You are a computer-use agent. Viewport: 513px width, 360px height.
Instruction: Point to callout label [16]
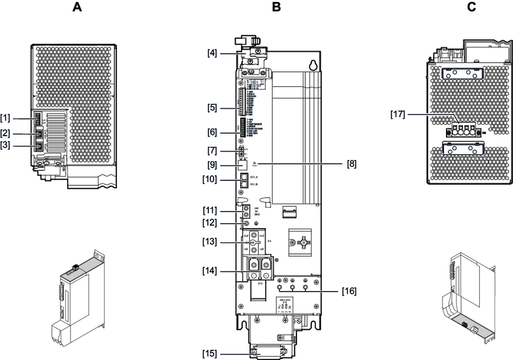click(x=349, y=290)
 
